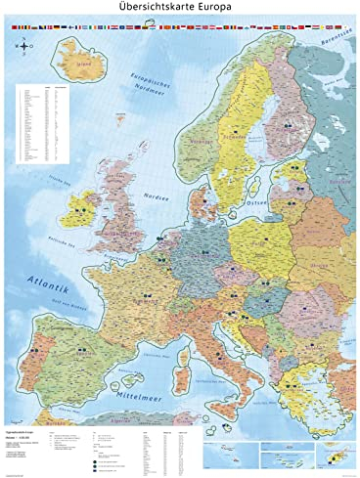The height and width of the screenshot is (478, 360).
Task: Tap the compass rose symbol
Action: (x=22, y=67)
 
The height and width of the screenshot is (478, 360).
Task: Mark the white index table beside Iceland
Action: (x=44, y=122)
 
